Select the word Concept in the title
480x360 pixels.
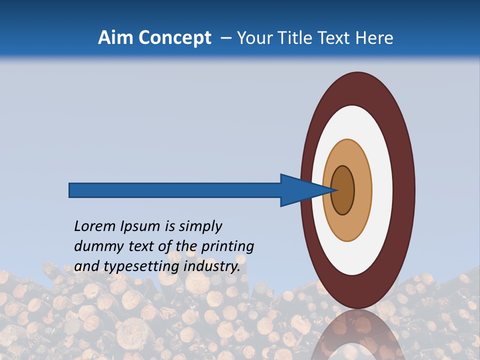click(175, 38)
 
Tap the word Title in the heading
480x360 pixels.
click(298, 38)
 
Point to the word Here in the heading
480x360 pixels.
click(375, 38)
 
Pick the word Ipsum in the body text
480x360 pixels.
click(140, 226)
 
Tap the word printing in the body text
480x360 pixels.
click(227, 246)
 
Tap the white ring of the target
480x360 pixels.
click(382, 190)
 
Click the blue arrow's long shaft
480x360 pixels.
click(175, 190)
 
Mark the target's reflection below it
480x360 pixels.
click(357, 335)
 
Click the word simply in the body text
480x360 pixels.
click(200, 226)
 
